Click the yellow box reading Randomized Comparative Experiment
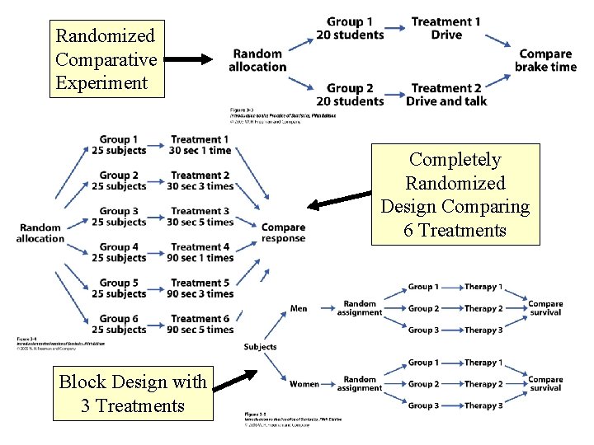point(105,59)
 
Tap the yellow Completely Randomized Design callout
point(455,194)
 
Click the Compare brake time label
point(545,60)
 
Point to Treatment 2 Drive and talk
point(446,95)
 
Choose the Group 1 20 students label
point(350,28)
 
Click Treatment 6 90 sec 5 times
point(202,324)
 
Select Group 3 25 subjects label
point(119,216)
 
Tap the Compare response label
point(283,233)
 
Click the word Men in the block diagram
point(299,309)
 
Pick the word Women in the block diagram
point(304,384)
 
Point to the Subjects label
point(261,347)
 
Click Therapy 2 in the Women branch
point(483,384)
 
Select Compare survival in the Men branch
point(545,308)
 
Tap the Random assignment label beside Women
point(360,384)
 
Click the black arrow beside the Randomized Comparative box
point(195,59)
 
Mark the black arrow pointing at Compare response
point(338,199)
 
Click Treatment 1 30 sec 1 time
point(200,145)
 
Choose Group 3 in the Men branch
point(423,330)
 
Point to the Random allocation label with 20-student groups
point(258,60)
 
